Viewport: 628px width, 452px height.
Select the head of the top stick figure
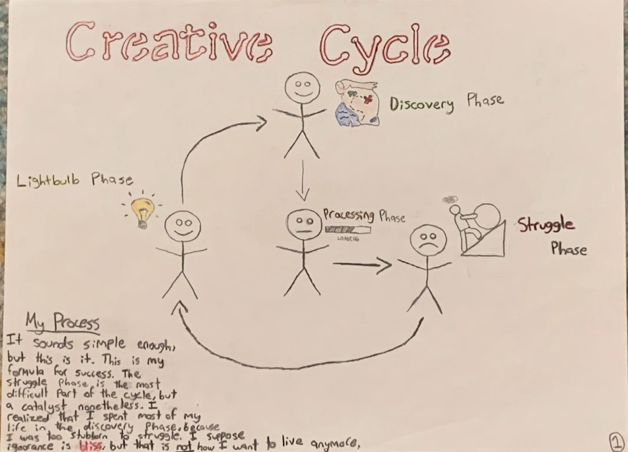(303, 88)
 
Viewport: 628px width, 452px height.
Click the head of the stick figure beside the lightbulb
(183, 227)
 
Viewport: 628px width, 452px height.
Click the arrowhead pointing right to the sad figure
(385, 265)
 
